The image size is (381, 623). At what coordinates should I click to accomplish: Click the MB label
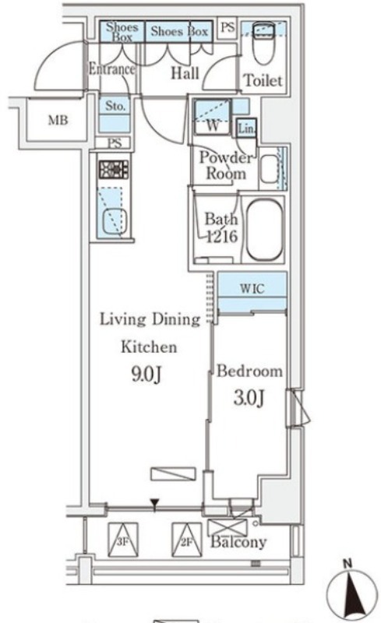pyautogui.click(x=58, y=120)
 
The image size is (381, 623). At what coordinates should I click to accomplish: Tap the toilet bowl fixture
pyautogui.click(x=264, y=43)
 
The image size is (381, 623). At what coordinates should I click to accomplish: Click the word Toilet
pyautogui.click(x=263, y=81)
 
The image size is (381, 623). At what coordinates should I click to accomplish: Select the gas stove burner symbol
pyautogui.click(x=114, y=169)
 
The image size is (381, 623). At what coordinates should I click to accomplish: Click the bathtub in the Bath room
pyautogui.click(x=264, y=230)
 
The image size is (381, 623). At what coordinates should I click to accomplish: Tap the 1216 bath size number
pyautogui.click(x=222, y=237)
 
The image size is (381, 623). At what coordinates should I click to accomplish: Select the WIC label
pyautogui.click(x=252, y=288)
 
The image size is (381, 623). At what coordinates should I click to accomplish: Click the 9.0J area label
pyautogui.click(x=146, y=374)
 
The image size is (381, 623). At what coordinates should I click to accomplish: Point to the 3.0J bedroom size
pyautogui.click(x=249, y=399)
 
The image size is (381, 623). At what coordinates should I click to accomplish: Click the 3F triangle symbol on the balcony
pyautogui.click(x=123, y=540)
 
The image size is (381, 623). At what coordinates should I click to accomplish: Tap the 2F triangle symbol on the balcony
pyautogui.click(x=187, y=540)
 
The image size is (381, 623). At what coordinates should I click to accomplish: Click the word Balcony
pyautogui.click(x=238, y=542)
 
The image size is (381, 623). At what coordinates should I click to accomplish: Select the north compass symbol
pyautogui.click(x=351, y=591)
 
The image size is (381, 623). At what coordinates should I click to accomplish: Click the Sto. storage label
pyautogui.click(x=115, y=106)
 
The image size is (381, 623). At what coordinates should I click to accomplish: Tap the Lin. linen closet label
pyautogui.click(x=246, y=128)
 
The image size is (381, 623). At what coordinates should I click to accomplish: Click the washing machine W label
pyautogui.click(x=213, y=126)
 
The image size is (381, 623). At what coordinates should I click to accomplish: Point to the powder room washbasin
pyautogui.click(x=270, y=168)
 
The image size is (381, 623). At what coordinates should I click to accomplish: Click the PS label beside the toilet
pyautogui.click(x=228, y=27)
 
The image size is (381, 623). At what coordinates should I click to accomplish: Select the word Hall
pyautogui.click(x=185, y=73)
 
